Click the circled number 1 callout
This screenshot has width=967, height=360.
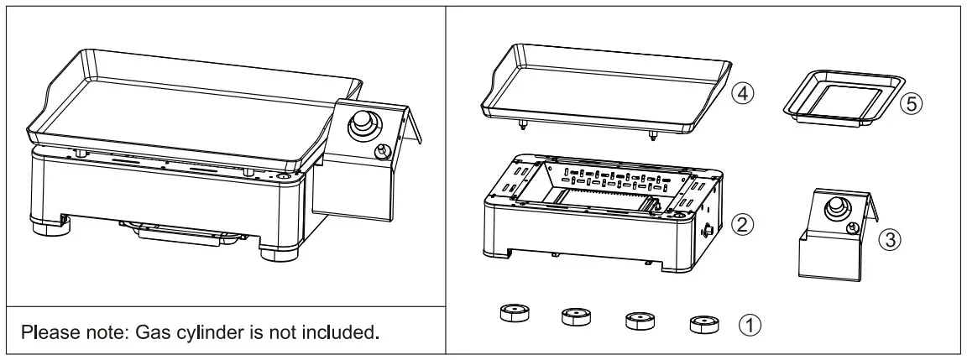coord(749,323)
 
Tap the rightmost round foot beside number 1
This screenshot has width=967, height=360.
coord(702,322)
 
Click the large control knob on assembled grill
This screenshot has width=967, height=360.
coord(363,124)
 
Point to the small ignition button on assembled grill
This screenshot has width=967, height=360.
coord(382,151)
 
